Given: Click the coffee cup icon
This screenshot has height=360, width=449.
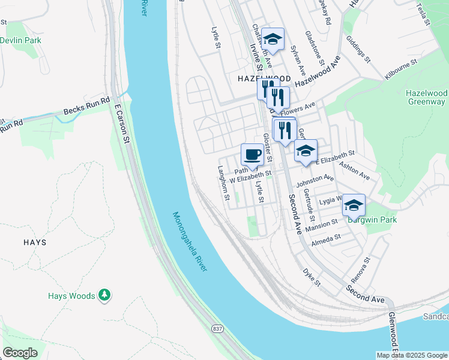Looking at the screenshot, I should (x=252, y=154).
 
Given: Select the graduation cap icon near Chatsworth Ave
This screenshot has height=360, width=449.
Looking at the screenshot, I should (x=273, y=39).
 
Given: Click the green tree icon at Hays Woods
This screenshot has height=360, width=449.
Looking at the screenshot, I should (x=105, y=295).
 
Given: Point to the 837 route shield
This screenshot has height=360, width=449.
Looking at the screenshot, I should (x=217, y=329).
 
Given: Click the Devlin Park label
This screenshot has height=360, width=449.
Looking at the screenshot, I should (x=20, y=40).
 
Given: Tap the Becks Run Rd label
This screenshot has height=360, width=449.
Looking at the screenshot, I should (x=87, y=107).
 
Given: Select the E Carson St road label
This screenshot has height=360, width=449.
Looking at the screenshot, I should (x=122, y=124).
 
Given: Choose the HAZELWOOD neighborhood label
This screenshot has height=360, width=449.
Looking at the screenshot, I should (x=264, y=79).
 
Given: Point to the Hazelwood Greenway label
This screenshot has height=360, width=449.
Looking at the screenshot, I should (x=426, y=98).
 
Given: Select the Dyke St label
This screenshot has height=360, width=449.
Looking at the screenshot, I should (x=312, y=277).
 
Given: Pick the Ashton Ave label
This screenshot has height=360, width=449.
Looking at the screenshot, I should (x=354, y=170).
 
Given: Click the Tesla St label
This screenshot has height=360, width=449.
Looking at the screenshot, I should (x=423, y=13).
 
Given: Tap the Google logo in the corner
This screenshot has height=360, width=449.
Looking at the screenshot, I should (x=20, y=353).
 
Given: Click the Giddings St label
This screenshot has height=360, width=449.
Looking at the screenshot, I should (x=358, y=52).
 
